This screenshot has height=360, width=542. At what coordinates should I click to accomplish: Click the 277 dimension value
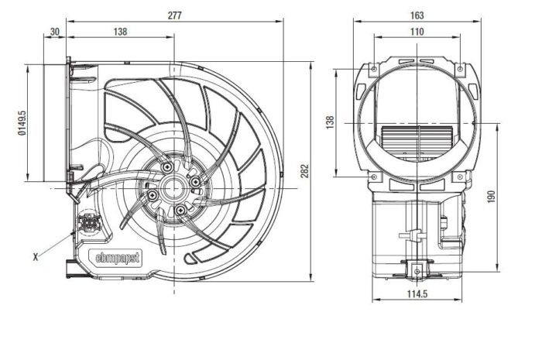[174, 15]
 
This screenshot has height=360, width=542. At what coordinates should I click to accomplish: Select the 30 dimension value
[55, 32]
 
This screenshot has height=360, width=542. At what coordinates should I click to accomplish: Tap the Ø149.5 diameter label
[22, 122]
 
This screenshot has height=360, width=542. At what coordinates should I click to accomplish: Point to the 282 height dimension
[304, 171]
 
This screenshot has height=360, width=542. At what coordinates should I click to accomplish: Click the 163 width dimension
[417, 15]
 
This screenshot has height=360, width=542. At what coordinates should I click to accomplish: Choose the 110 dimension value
[417, 32]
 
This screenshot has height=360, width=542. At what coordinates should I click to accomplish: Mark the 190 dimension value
[491, 196]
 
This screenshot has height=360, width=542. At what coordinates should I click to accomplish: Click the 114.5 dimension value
[417, 294]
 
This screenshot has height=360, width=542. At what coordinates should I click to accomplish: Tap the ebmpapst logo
[118, 257]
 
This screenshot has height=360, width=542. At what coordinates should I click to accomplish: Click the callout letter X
[36, 257]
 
